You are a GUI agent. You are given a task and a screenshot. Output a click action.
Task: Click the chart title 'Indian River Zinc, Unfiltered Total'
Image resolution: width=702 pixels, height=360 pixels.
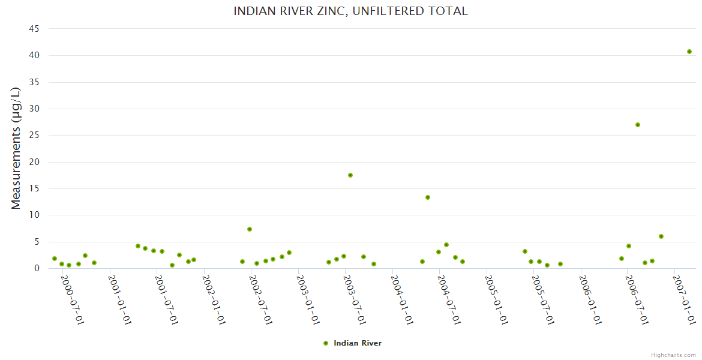[x=350, y=11]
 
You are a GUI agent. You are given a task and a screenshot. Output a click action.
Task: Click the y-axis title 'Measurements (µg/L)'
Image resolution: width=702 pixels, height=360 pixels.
[x=16, y=148]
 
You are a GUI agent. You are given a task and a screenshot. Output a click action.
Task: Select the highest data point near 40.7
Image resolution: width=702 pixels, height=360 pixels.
[x=689, y=52]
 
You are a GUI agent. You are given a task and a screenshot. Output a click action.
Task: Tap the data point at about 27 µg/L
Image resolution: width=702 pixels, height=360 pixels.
[x=638, y=125]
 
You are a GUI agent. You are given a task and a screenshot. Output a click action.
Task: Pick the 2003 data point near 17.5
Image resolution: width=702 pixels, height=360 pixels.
[x=350, y=175]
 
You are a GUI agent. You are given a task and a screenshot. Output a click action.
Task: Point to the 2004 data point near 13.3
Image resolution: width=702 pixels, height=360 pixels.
[x=428, y=197]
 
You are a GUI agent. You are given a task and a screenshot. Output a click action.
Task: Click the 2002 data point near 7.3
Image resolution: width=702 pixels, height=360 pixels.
[x=250, y=229]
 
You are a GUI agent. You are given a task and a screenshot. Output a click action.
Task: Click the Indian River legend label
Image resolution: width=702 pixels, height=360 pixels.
[x=358, y=343]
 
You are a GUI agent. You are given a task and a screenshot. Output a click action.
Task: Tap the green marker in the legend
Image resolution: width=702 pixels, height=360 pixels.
[x=326, y=343]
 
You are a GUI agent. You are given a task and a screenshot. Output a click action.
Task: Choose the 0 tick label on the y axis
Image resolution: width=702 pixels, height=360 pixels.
[x=37, y=268]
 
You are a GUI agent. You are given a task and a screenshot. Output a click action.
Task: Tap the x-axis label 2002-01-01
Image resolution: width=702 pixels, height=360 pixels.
[x=214, y=299]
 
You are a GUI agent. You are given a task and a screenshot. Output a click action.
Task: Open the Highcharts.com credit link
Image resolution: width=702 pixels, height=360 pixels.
[x=673, y=355]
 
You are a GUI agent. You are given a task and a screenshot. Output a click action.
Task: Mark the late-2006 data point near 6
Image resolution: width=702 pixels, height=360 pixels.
[x=661, y=236]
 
